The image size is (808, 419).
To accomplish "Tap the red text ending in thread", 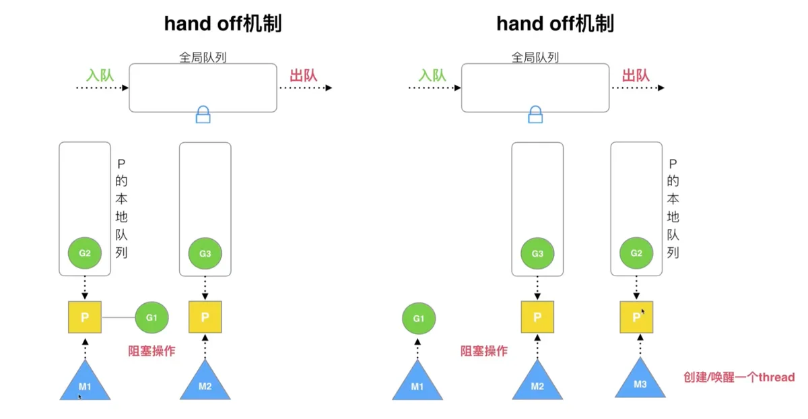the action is (739, 377).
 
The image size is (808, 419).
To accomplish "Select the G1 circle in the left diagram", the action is (151, 317).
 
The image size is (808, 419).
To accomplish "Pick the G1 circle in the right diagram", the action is (418, 319).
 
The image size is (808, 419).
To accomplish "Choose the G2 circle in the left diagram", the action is (85, 253).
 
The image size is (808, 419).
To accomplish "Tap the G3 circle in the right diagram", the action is (537, 253).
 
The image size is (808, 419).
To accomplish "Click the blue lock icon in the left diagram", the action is (203, 115).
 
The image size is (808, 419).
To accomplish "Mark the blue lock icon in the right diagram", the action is (535, 115).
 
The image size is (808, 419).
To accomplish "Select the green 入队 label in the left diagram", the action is (100, 75).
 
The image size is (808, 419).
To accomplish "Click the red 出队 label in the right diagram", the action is (636, 75).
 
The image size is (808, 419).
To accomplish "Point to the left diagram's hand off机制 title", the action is (223, 24).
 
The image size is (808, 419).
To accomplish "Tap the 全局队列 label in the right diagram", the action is (535, 57).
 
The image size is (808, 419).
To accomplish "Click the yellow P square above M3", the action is (636, 317).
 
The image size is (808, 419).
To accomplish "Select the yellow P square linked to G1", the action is (85, 317).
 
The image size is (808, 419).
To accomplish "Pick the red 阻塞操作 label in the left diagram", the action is (151, 351).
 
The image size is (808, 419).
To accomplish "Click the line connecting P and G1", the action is (119, 317).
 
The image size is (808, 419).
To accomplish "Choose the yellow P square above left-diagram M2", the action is (205, 317).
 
